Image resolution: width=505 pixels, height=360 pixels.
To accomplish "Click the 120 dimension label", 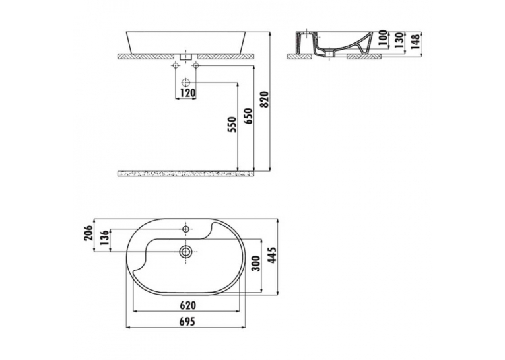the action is pos(187,93).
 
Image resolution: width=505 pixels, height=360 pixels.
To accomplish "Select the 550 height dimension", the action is pos(232,125).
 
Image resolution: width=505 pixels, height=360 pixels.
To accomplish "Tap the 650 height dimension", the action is pos(249,116).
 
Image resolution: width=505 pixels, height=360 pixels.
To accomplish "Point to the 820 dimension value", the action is pos(264,100).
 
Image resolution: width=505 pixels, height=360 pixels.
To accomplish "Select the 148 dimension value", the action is pos(415,40).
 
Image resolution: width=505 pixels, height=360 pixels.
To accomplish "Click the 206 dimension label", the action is pos(88,233).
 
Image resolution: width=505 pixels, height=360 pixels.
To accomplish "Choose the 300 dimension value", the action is pos(255,264).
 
